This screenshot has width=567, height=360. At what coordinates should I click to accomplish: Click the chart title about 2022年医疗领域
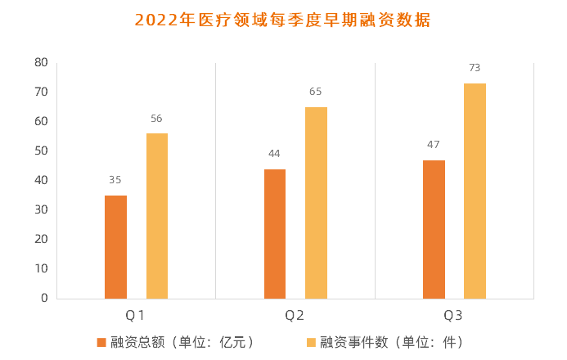(x=282, y=20)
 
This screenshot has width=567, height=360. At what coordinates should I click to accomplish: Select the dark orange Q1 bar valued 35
(x=115, y=246)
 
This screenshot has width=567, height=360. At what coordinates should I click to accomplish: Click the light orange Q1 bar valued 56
(x=157, y=215)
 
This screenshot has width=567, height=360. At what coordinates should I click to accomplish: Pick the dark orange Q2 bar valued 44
(x=275, y=233)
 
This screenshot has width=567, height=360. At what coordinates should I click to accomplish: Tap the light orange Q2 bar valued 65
(x=316, y=202)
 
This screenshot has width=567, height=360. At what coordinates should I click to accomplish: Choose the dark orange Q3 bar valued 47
(x=434, y=229)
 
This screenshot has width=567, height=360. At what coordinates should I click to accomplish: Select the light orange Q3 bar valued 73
(x=475, y=191)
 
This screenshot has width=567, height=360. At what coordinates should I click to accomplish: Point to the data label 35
(x=115, y=180)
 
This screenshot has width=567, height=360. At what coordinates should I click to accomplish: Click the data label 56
(x=157, y=119)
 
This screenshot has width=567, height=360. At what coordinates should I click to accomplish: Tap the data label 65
(x=316, y=92)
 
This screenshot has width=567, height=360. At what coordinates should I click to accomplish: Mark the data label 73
(x=475, y=68)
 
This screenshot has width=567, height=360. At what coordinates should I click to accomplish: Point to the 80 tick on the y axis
(x=41, y=62)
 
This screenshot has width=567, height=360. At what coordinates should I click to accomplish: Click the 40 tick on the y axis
(x=41, y=180)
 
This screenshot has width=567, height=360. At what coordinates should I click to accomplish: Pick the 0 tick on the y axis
(x=44, y=298)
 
